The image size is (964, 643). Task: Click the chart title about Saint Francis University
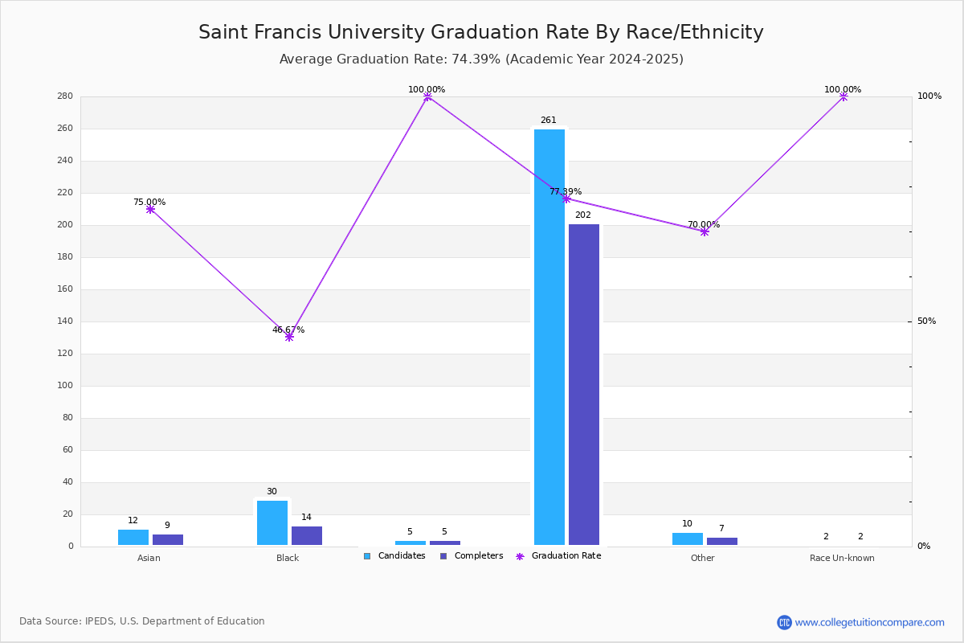480,32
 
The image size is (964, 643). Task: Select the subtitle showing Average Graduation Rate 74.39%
480,59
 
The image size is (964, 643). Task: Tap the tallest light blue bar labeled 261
549,337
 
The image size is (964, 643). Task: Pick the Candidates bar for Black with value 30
272,523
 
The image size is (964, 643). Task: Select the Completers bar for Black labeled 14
306,536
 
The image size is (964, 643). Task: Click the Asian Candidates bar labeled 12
133,538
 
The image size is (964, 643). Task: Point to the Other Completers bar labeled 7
721,542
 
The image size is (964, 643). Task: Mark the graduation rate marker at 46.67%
288,337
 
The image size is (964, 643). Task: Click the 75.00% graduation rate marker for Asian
150,209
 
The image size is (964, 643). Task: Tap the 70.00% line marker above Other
705,231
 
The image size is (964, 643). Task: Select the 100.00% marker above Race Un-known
843,96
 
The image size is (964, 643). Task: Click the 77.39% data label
566,191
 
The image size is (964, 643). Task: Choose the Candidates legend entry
394,556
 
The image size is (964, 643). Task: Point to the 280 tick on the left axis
65,96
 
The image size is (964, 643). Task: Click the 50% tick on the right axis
926,321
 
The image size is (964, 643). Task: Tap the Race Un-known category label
842,558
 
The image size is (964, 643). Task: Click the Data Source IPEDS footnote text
142,621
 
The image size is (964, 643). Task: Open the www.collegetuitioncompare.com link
869,622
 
